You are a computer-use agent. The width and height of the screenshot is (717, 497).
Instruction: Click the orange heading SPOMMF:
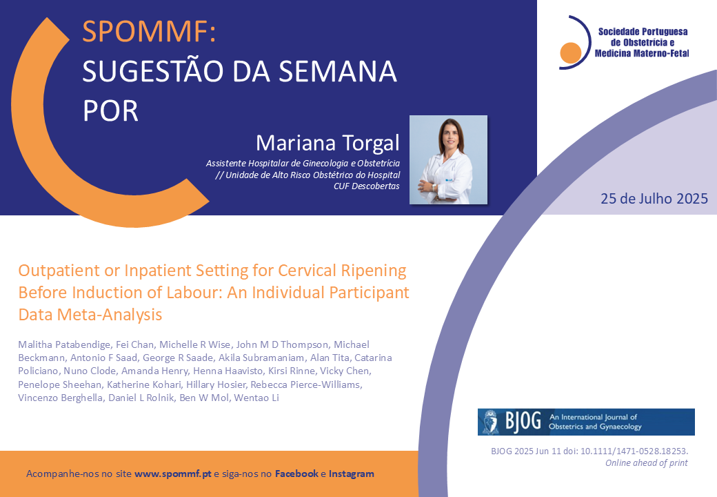(149, 31)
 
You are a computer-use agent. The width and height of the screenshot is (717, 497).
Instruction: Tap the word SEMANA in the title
(337, 71)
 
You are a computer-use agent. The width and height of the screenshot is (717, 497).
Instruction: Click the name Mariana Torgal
(327, 143)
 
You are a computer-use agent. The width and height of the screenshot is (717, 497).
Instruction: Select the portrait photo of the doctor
(448, 159)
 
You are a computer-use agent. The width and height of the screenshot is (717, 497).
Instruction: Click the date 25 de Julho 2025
(654, 199)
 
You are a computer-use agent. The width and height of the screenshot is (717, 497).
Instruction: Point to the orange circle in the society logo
(571, 52)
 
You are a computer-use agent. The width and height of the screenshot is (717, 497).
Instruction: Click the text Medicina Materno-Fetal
(642, 53)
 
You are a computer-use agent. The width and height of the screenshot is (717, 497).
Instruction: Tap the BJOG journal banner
(586, 422)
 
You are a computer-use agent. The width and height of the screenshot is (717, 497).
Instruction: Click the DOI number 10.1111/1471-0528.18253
(634, 451)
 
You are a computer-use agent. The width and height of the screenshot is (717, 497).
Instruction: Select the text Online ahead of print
(647, 462)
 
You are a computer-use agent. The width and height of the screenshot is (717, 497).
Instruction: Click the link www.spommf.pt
(173, 474)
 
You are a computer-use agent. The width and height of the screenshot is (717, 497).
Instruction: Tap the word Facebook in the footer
(296, 474)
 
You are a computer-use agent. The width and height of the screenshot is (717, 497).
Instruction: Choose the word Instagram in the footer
(351, 474)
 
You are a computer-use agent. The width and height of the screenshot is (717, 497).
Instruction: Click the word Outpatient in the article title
(59, 271)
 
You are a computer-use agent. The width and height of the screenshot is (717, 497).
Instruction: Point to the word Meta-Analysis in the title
(110, 315)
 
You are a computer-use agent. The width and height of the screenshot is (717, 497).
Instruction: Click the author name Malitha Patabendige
(65, 344)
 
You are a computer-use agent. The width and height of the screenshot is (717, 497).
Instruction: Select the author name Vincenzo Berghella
(61, 398)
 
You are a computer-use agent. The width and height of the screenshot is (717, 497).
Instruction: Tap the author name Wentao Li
(256, 398)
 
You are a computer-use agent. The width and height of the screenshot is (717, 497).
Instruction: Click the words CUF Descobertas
(367, 186)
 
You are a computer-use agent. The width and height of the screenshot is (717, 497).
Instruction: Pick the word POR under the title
(110, 111)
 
